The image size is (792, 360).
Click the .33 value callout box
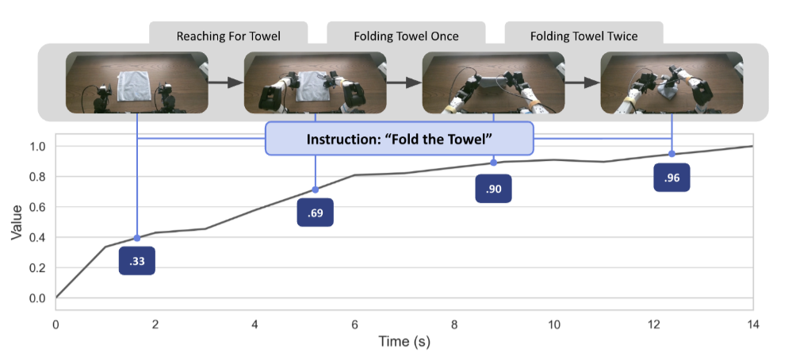[137, 261]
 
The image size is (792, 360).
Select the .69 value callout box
[316, 213]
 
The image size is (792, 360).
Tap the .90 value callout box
[493, 189]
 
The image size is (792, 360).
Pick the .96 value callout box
[671, 178]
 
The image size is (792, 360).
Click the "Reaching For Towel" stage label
[228, 36]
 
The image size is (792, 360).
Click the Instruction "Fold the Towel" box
[400, 139]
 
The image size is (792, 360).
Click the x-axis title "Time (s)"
[404, 343]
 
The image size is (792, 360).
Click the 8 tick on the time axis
[454, 325]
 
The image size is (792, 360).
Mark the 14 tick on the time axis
[752, 325]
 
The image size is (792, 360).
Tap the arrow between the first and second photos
[226, 81]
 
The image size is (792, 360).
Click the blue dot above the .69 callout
[316, 190]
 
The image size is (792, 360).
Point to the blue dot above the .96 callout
[671, 154]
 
